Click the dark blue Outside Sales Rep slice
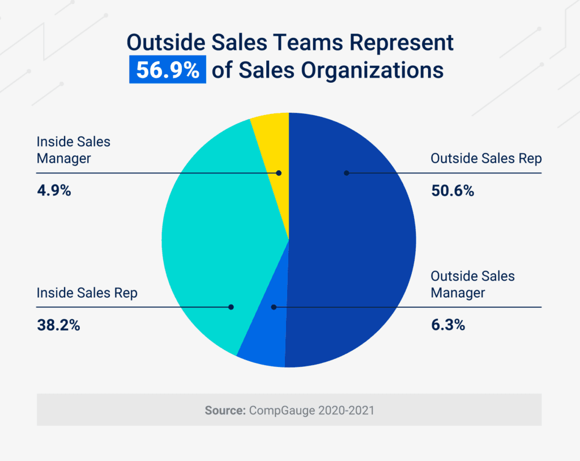[351, 238]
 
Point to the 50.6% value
[452, 191]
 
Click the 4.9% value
[54, 191]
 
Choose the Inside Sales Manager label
[73, 150]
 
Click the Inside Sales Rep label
[87, 293]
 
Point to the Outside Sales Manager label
[472, 285]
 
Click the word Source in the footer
[225, 410]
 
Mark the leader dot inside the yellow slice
[279, 172]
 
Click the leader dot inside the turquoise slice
[231, 307]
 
